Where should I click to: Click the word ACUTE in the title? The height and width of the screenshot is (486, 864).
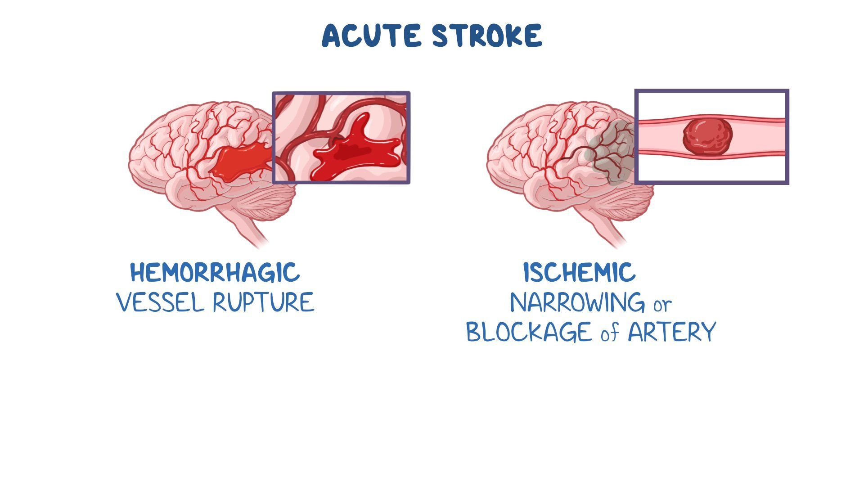click(372, 36)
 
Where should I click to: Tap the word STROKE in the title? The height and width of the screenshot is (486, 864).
click(487, 36)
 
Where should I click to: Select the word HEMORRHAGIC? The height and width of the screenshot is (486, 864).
click(215, 273)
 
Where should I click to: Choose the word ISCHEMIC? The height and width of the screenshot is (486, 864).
click(580, 273)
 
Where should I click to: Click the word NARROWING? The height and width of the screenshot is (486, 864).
click(577, 302)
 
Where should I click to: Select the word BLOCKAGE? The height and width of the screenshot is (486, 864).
click(530, 332)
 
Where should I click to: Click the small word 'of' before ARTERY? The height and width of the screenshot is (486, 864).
click(610, 333)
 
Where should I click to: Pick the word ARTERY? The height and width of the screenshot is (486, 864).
click(671, 332)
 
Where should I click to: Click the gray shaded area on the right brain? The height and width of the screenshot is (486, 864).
click(610, 153)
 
